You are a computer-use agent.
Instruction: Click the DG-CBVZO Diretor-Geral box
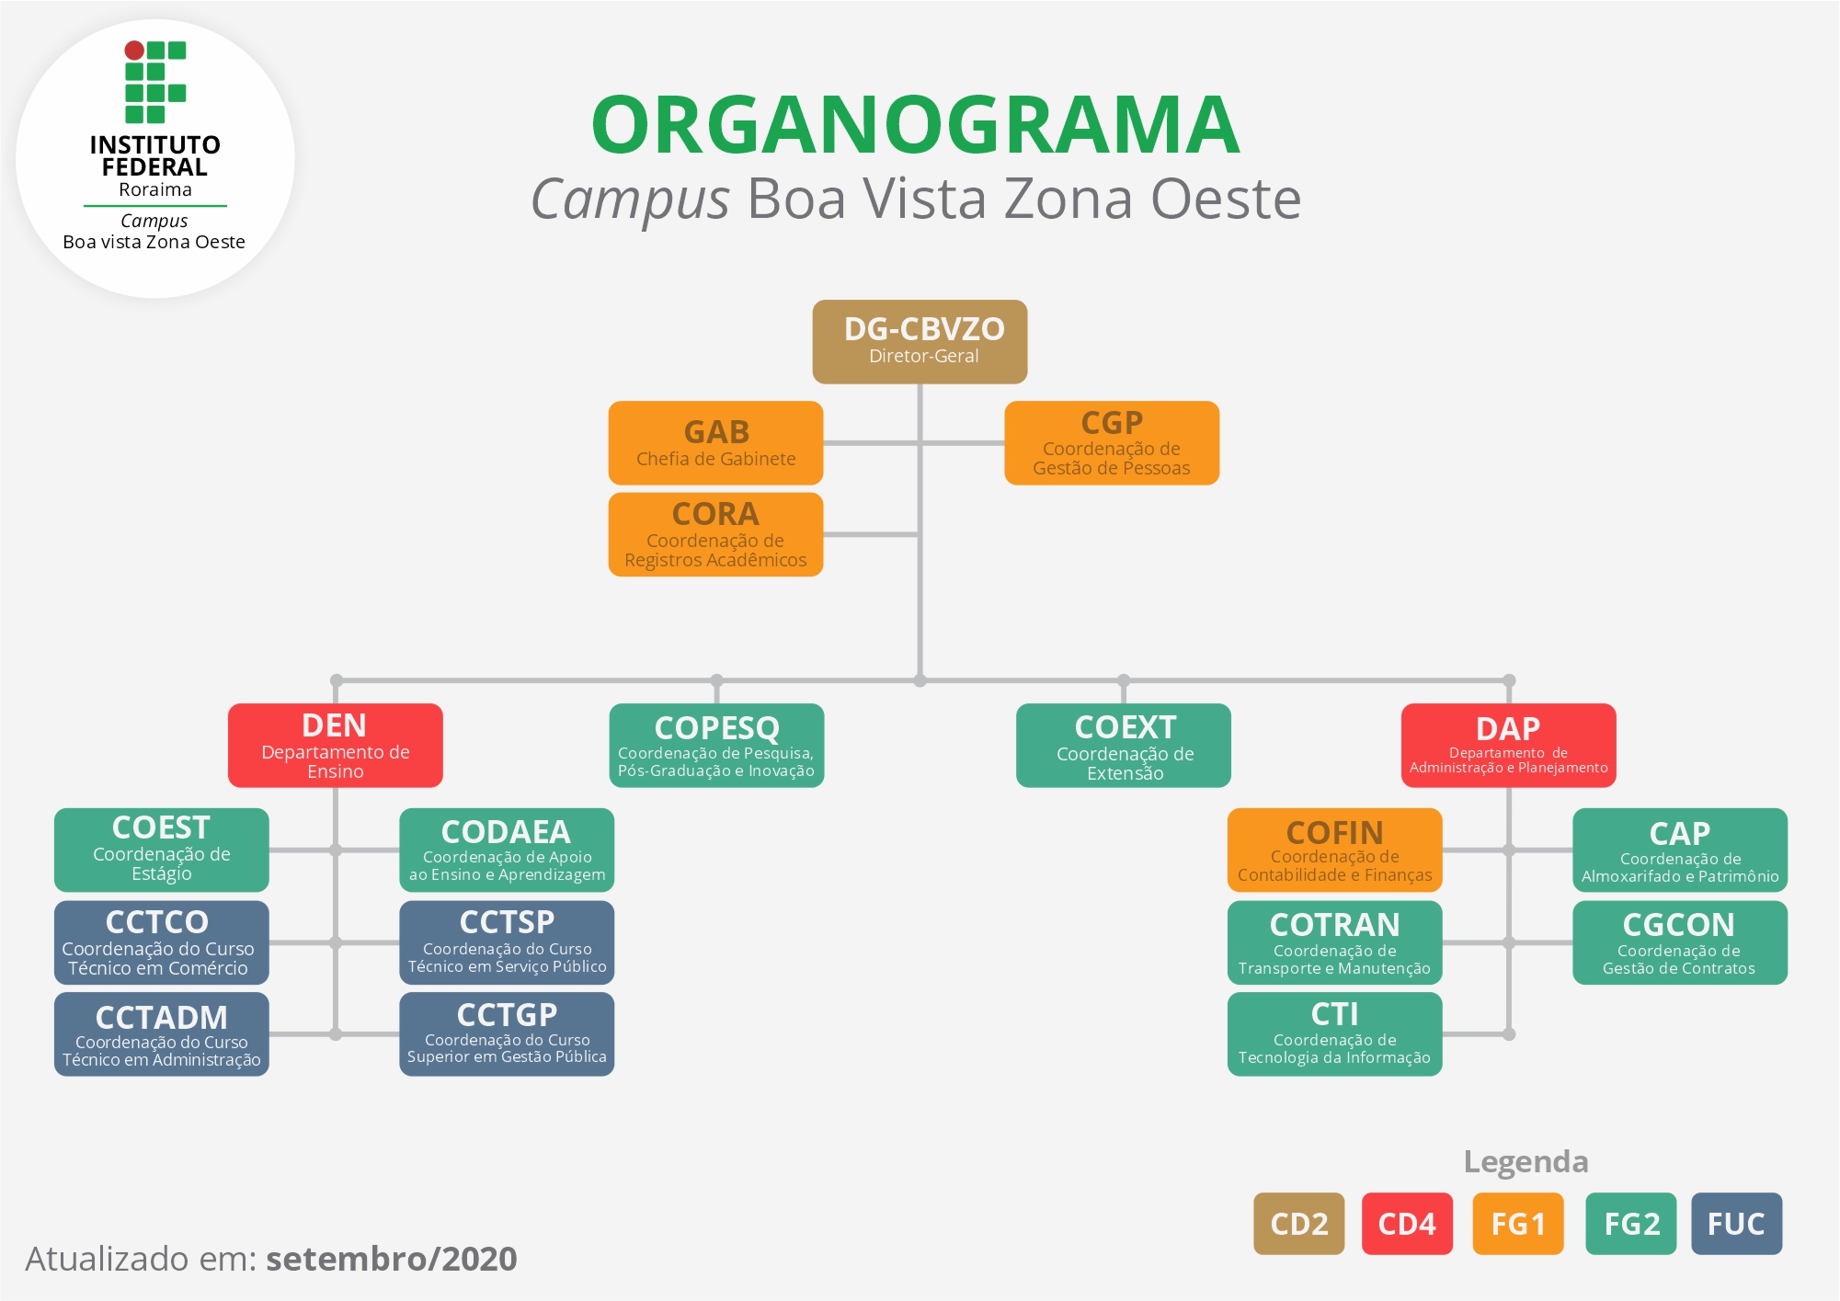tap(920, 341)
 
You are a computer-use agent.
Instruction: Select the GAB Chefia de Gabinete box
tap(715, 442)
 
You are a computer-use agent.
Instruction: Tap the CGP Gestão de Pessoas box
tap(1111, 442)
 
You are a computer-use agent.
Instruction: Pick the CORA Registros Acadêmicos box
tap(715, 534)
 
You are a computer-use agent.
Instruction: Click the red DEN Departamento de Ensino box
tap(335, 745)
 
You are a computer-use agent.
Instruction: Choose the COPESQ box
tap(716, 745)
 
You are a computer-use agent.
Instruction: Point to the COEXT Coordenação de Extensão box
tap(1123, 745)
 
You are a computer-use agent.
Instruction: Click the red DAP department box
tap(1508, 745)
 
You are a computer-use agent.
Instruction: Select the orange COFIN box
tap(1334, 850)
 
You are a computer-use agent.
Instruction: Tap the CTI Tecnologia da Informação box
tap(1334, 1033)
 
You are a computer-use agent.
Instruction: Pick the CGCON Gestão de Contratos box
tap(1679, 942)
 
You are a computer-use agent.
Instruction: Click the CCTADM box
tap(161, 1033)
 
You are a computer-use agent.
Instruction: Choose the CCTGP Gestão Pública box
tap(507, 1033)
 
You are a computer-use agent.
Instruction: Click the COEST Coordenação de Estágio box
tap(161, 850)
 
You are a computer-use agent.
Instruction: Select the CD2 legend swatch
tap(1298, 1223)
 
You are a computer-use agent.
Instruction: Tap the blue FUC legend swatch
tap(1735, 1223)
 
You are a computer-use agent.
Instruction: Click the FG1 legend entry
tap(1517, 1223)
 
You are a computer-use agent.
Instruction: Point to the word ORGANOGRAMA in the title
tap(915, 125)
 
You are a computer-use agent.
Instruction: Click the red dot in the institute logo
tap(134, 50)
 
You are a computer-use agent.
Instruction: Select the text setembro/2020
tap(392, 1258)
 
